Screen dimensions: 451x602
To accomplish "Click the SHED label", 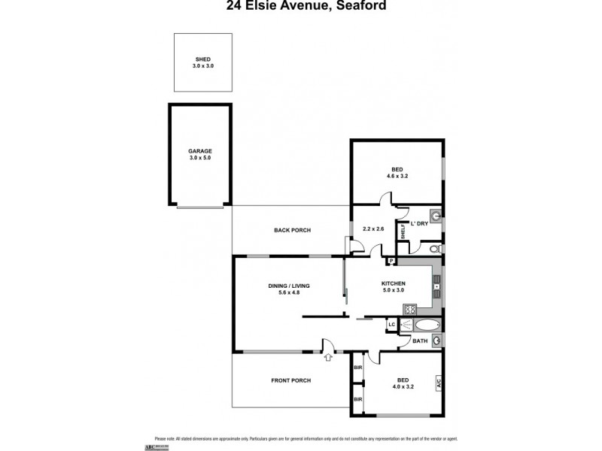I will pos(202,59).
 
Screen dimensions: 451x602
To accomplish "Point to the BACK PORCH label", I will pos(292,230).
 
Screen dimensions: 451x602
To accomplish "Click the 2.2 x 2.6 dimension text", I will pos(373,228).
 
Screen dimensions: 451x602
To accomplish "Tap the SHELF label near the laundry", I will pos(403,232).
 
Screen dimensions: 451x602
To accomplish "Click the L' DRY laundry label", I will pos(419,222).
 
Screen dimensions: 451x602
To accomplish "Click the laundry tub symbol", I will pos(435,213).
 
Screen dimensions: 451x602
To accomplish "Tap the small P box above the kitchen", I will pos(391,261).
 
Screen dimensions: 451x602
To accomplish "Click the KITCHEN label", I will pos(394,283).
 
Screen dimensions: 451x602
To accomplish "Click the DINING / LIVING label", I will pos(289,286).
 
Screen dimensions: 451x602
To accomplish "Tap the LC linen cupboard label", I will pos(391,325).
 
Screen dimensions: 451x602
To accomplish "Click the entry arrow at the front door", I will pos(328,358).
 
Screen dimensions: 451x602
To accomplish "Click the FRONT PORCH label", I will pos(290,380).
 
